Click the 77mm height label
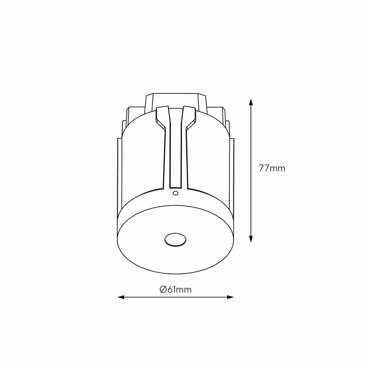[x=272, y=168]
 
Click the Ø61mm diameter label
[x=175, y=289]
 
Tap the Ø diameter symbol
[x=163, y=289]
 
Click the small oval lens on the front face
[x=175, y=240]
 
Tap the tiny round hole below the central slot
[x=175, y=193]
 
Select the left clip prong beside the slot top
[x=162, y=116]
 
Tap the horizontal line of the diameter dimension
[x=175, y=297]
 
